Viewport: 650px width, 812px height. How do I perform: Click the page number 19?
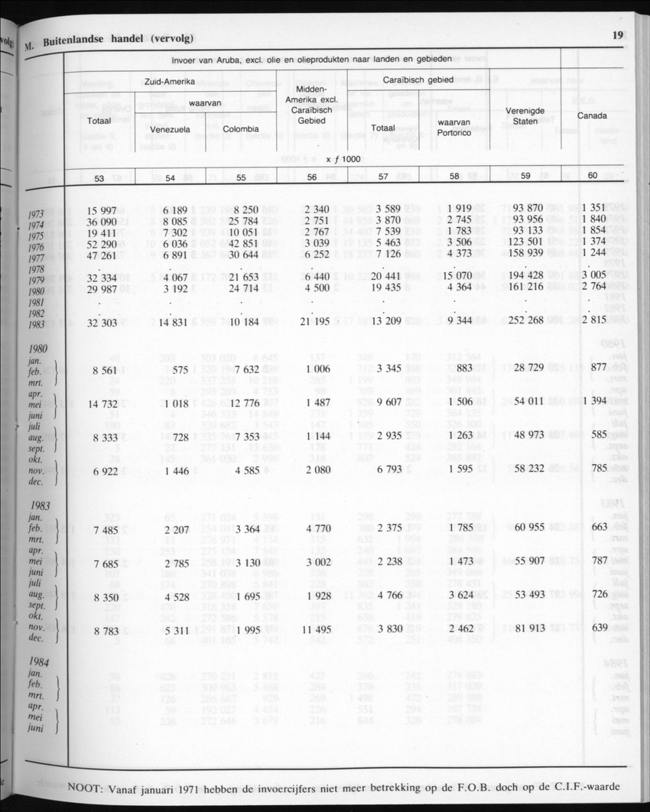pos(618,34)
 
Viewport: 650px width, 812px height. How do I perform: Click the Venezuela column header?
pos(170,129)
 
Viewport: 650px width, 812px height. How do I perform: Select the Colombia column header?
pos(240,128)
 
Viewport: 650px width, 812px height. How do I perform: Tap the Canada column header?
pos(592,115)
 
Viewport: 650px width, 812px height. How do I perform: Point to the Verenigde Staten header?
pos(525,115)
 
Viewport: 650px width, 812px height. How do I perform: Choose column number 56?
pos(311,177)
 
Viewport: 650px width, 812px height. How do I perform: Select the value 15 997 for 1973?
pos(102,210)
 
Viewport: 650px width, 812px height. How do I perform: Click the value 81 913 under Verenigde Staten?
pos(525,628)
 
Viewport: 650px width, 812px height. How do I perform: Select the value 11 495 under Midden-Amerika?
pos(316,629)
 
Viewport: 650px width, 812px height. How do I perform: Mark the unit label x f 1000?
pos(343,159)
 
